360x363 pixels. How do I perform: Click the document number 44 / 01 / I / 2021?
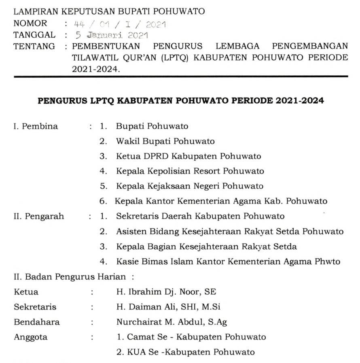coord(118,25)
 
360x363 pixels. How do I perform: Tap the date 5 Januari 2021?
coord(109,36)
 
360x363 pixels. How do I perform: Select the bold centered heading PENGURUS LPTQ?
coord(180,101)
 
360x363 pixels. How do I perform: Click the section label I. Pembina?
coord(36,126)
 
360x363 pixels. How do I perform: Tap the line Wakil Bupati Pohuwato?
coord(165,141)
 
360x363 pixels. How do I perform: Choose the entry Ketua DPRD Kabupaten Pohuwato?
coord(188,156)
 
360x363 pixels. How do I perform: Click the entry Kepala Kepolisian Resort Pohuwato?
coord(190,171)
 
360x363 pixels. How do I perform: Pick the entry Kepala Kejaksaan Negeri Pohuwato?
coord(189,186)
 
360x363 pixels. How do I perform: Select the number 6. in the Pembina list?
coord(104,201)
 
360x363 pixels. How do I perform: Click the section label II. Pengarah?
coord(39,216)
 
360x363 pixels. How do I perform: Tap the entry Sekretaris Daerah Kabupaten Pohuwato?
coord(200,216)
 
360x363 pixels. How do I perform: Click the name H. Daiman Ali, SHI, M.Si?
coord(168,307)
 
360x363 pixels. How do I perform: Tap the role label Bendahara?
coord(37,322)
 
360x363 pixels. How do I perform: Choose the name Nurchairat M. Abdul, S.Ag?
coord(172,322)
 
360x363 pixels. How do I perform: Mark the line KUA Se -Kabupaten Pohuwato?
coord(185,352)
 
